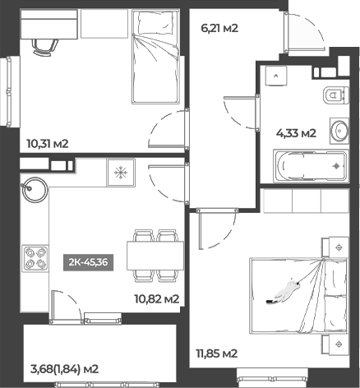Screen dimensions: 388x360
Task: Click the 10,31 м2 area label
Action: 47,144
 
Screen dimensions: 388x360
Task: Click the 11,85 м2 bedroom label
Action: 217,353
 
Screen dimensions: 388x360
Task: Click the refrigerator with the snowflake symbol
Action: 121,172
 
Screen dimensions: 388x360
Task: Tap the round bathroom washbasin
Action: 339,130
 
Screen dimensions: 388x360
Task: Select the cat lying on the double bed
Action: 284,290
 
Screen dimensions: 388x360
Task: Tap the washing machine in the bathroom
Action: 278,76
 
